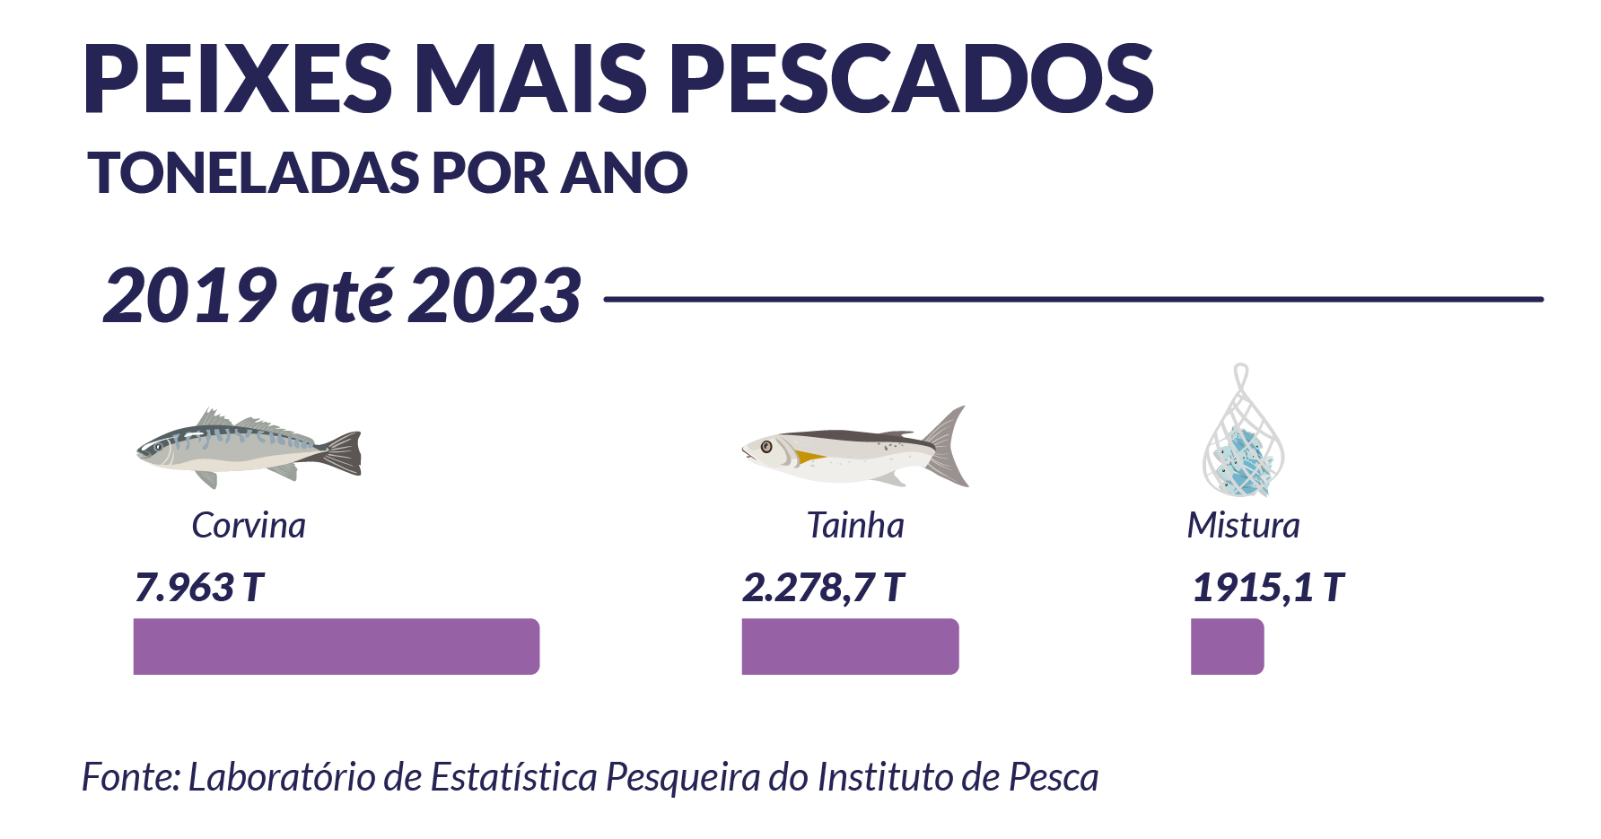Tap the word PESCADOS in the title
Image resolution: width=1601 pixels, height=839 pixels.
click(911, 79)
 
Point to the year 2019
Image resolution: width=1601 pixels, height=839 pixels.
click(190, 296)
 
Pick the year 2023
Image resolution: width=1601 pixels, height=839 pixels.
click(495, 296)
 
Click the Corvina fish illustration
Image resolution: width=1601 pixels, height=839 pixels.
click(248, 447)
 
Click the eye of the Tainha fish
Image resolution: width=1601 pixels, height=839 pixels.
click(766, 446)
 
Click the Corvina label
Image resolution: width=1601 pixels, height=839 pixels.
click(249, 526)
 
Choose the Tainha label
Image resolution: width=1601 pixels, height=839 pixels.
click(855, 526)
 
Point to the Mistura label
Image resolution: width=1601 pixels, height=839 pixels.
click(1243, 526)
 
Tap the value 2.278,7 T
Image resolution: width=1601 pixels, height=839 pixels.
click(823, 588)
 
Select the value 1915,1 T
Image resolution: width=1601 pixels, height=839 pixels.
click(1267, 588)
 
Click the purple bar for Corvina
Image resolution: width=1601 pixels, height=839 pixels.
click(337, 646)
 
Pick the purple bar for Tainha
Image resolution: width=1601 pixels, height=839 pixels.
click(850, 646)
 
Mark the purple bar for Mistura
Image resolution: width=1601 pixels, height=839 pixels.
click(1227, 646)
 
